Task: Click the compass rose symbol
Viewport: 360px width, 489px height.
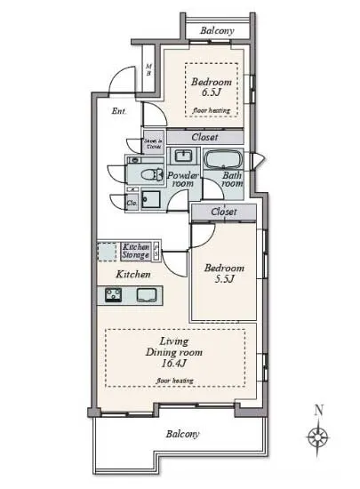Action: tap(317, 437)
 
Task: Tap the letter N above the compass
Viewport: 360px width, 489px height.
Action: tap(318, 411)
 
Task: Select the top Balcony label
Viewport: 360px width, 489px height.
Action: tap(218, 30)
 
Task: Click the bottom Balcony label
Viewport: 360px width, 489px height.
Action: tap(181, 435)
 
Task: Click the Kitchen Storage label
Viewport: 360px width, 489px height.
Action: tap(135, 250)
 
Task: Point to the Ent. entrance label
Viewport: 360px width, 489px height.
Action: tap(119, 112)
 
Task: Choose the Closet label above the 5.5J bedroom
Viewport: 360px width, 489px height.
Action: tap(224, 212)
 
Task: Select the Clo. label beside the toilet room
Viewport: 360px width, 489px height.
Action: tap(131, 202)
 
